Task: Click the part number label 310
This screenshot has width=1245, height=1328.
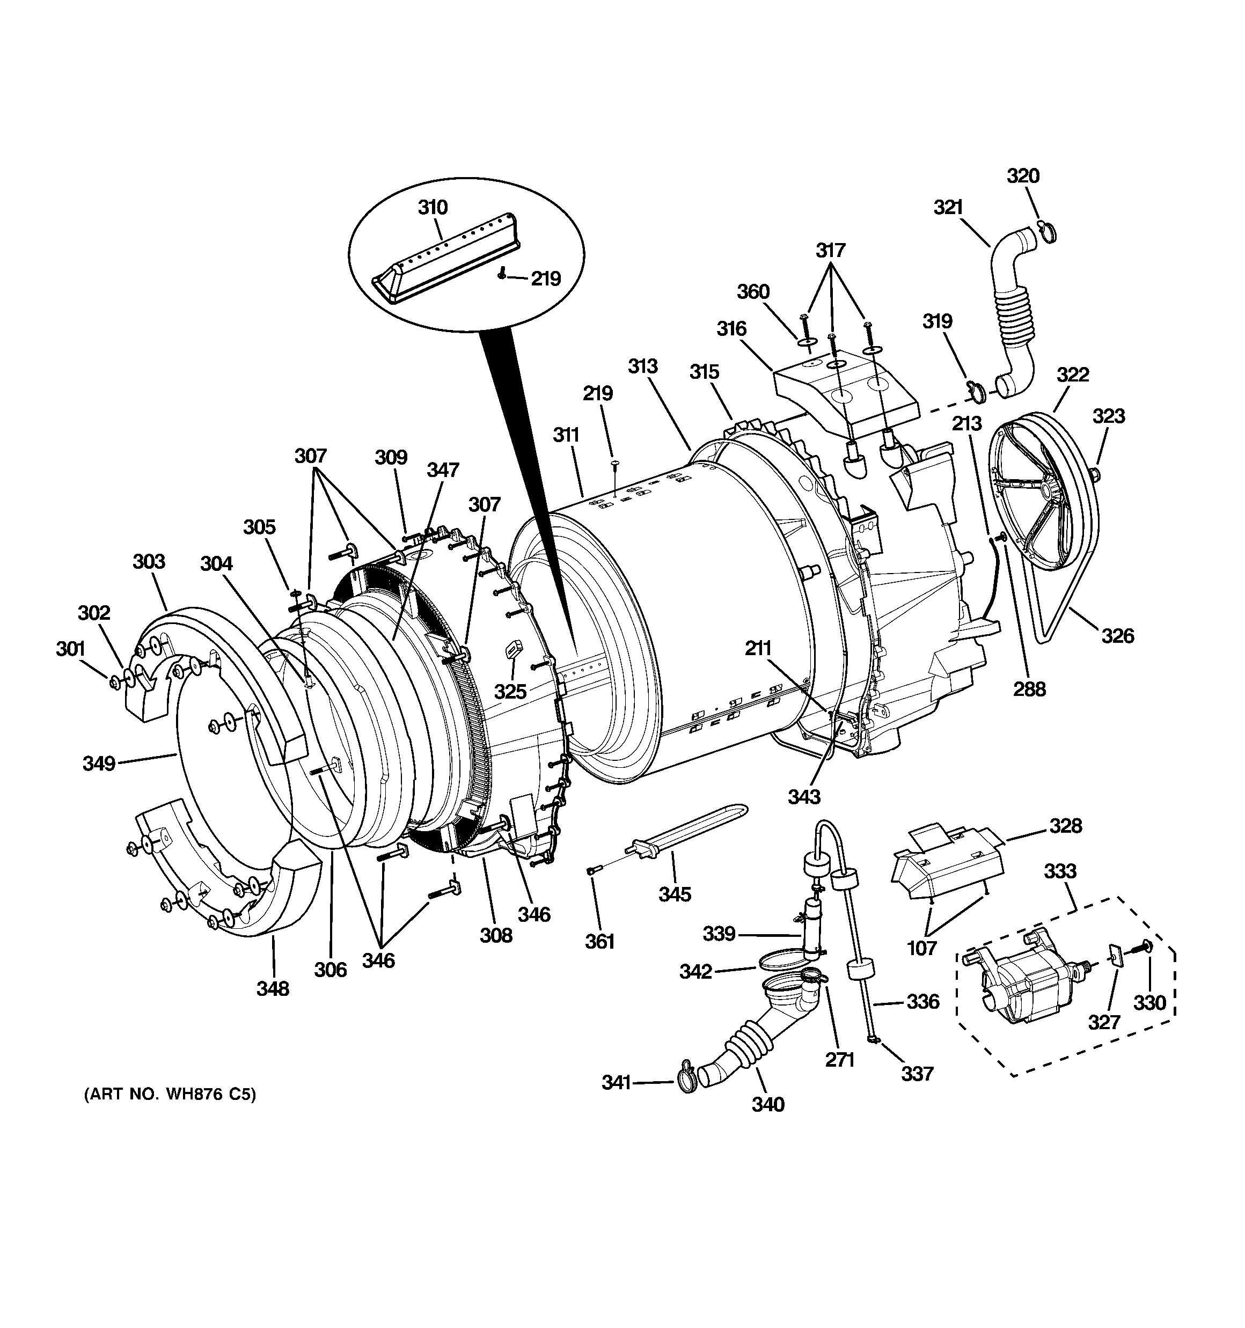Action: [433, 208]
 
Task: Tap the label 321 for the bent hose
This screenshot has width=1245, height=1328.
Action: [948, 208]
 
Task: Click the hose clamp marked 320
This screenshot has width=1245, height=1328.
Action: [1049, 231]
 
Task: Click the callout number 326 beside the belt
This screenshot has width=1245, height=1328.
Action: [1117, 636]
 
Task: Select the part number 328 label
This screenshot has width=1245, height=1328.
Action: [1065, 826]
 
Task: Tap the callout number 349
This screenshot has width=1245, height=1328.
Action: [99, 763]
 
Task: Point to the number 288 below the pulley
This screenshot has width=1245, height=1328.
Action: [1029, 689]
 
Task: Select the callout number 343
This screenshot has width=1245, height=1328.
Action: [803, 796]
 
